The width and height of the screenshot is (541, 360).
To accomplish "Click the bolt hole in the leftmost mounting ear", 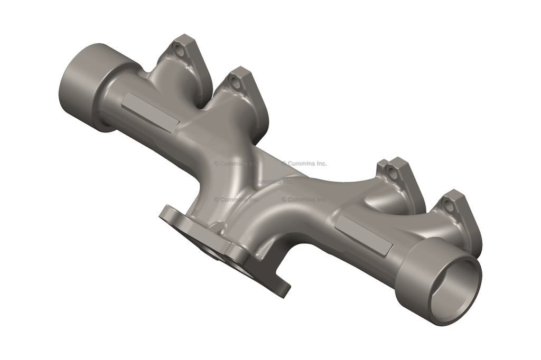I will click(180, 52).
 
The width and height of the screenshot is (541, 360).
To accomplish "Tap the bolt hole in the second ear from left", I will click(235, 83).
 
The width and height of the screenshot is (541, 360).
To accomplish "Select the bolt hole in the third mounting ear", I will click(391, 172).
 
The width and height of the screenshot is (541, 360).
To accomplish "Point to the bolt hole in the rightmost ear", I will click(449, 206).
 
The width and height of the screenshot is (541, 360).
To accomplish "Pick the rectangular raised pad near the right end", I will click(364, 235).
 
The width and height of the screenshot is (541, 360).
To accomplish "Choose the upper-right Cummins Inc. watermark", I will click(304, 164).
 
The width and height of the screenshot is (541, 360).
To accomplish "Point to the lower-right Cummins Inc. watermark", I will click(304, 200).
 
